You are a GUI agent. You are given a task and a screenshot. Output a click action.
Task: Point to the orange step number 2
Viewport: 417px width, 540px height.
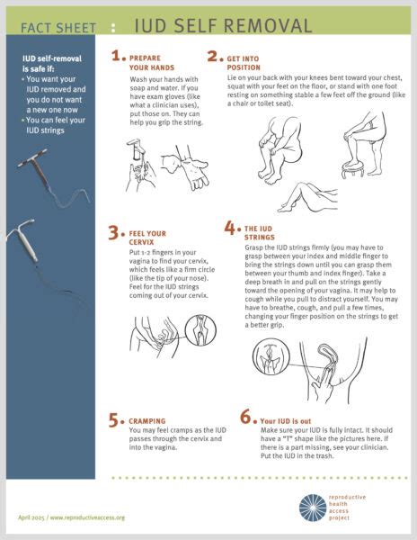pyautogui.click(x=214, y=58)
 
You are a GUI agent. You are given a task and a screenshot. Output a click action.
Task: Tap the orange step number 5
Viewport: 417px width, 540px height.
pyautogui.click(x=115, y=418)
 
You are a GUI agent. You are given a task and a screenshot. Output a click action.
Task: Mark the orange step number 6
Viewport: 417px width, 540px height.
pyautogui.click(x=245, y=418)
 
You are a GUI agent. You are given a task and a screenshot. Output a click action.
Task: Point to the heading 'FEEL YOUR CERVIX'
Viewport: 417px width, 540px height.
pyautogui.click(x=149, y=238)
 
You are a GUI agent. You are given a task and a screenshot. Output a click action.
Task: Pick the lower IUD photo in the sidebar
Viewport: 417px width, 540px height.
pyautogui.click(x=40, y=252)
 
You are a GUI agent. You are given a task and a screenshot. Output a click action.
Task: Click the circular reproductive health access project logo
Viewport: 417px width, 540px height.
pyautogui.click(x=314, y=508)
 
